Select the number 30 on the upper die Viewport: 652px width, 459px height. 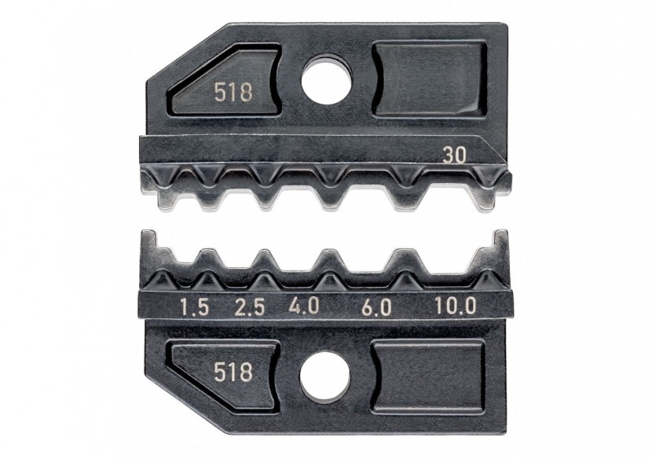click(x=451, y=156)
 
